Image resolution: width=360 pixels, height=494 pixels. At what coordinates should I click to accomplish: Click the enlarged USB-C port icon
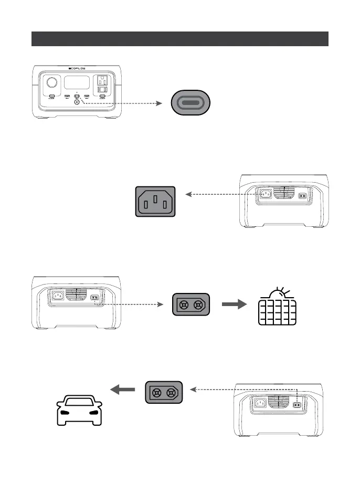[192, 103]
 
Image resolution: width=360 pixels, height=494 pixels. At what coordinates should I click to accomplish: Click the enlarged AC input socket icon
[155, 201]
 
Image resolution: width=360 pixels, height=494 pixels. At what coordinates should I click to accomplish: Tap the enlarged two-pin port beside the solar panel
[191, 305]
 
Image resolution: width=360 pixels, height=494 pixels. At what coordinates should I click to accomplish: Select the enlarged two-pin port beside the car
[164, 392]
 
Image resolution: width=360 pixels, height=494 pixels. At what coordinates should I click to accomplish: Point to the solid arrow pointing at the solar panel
[235, 304]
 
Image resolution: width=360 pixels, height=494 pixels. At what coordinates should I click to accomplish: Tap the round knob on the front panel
[52, 83]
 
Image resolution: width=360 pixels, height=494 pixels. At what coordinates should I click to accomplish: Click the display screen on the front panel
[76, 83]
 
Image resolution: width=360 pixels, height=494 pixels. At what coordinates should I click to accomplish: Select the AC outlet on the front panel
[102, 81]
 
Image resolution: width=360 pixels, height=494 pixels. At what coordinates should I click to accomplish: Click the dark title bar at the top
[180, 39]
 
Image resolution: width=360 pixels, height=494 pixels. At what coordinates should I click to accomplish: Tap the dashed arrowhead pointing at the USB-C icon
[162, 103]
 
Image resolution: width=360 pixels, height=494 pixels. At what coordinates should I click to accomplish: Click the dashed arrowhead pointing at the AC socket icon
[188, 194]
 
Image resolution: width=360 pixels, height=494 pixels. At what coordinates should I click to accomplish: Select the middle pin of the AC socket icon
[155, 198]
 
